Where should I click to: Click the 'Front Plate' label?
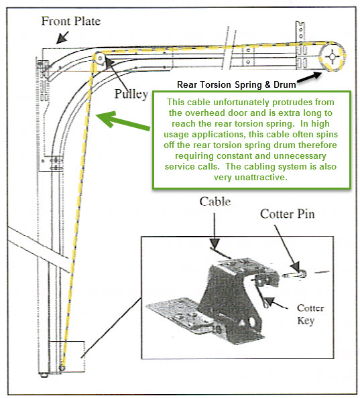click(x=71, y=21)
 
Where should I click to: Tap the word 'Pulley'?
click(x=131, y=94)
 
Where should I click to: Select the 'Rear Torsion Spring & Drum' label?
click(x=237, y=84)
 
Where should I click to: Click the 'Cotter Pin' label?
click(x=288, y=214)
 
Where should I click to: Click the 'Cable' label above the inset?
click(x=215, y=202)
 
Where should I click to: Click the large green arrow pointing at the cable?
click(x=123, y=121)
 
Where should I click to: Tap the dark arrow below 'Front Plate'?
click(x=62, y=38)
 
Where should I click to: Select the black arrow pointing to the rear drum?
click(x=310, y=77)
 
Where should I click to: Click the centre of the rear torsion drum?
click(x=332, y=56)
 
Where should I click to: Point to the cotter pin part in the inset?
click(x=295, y=274)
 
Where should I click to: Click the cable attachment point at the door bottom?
click(x=62, y=367)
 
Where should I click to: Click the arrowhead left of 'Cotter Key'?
click(x=269, y=301)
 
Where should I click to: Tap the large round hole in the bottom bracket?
click(x=252, y=322)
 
